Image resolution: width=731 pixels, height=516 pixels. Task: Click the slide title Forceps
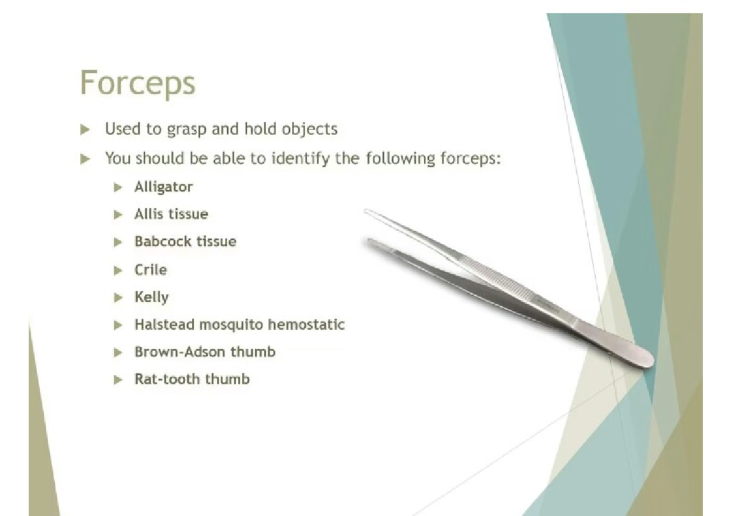[138, 83]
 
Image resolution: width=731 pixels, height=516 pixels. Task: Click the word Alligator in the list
[163, 187]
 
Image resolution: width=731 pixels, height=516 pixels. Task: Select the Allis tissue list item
[171, 214]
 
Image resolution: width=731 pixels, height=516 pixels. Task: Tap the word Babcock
[163, 242]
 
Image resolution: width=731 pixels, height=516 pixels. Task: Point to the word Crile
[151, 270]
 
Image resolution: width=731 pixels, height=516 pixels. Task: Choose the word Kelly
[152, 298]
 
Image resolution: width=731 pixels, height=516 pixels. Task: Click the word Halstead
[164, 324]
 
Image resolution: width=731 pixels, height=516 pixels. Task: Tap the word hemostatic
[306, 324]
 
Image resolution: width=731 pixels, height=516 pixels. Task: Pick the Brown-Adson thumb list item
[205, 352]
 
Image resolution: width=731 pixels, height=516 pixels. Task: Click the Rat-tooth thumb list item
[192, 379]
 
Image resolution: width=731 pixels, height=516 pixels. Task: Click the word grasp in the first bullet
[186, 130]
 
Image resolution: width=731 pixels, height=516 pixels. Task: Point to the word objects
[309, 129]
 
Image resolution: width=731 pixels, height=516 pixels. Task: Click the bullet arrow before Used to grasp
[85, 130]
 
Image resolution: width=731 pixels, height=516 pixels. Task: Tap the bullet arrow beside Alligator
[118, 187]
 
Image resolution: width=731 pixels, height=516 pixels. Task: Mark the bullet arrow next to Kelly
[118, 298]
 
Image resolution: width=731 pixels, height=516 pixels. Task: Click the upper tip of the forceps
[366, 211]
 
